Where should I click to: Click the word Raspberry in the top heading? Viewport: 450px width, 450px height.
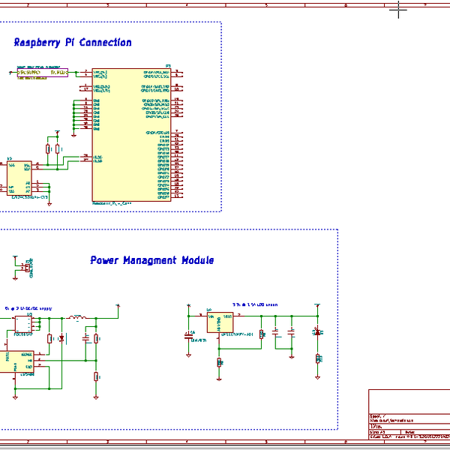(x=40, y=43)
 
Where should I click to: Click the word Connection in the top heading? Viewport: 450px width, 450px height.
(x=106, y=43)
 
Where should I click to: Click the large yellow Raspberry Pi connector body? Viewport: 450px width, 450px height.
(x=131, y=135)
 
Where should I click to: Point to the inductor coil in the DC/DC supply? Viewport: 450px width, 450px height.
(x=76, y=318)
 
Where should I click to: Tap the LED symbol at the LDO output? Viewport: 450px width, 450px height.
(x=318, y=332)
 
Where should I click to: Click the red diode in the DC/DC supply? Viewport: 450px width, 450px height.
(x=61, y=339)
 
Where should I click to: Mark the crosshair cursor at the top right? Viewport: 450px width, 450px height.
(x=399, y=10)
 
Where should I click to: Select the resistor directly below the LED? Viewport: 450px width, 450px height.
(x=318, y=358)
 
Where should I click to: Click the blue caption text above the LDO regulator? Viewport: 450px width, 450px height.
(x=255, y=304)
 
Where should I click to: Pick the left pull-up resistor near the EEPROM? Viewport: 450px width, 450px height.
(x=48, y=149)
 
